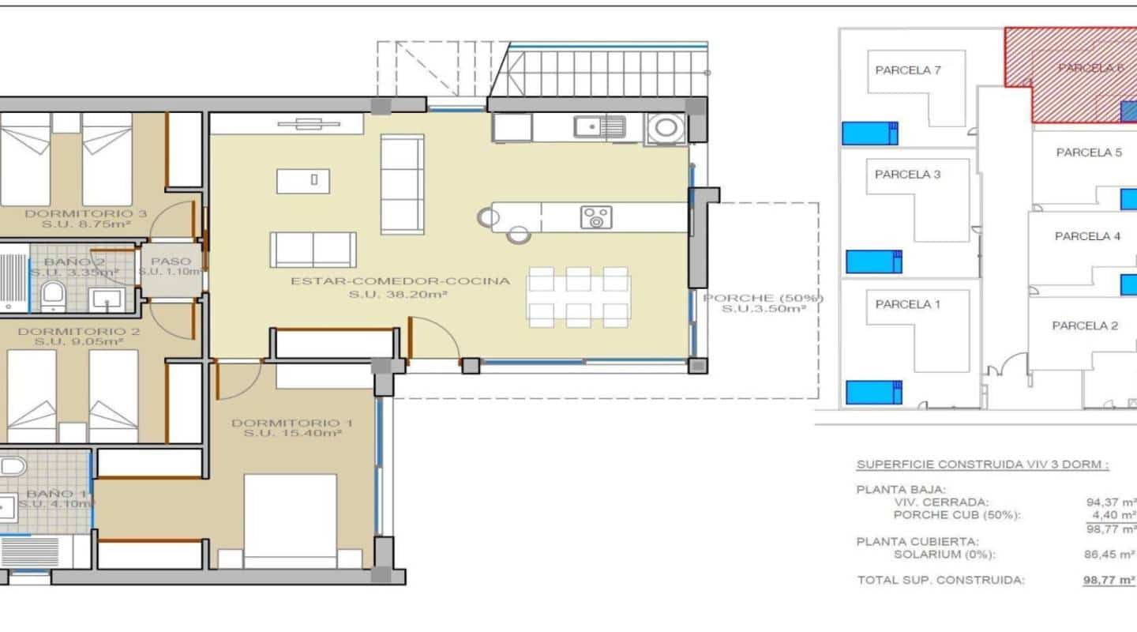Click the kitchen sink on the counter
[x=600, y=126]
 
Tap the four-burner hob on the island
[x=596, y=217]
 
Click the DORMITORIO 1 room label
[x=292, y=424]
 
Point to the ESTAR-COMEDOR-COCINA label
[x=400, y=280]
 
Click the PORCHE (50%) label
[x=763, y=299]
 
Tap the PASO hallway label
[x=171, y=261]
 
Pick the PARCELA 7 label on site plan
[x=908, y=70]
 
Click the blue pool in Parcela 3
[x=873, y=261]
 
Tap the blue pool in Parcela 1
[x=873, y=392]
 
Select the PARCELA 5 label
[x=1089, y=152]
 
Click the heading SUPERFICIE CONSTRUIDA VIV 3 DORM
[x=982, y=465]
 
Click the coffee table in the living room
[x=313, y=181]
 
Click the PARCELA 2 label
[x=1085, y=325]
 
